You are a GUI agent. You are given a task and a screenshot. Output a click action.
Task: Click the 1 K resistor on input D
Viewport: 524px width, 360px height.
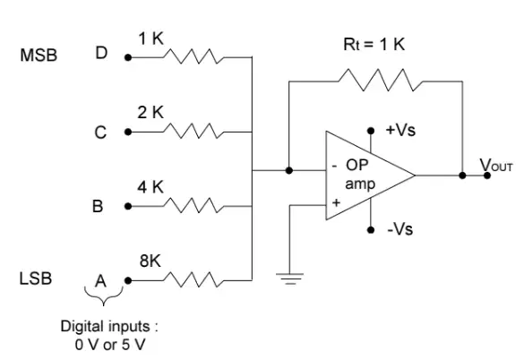(193, 56)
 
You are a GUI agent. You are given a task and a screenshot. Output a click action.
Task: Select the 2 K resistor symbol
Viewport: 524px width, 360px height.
(193, 131)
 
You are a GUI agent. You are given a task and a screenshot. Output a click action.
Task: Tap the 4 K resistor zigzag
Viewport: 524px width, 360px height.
(193, 205)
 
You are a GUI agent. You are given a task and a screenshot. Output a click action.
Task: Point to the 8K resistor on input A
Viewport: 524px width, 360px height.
(193, 279)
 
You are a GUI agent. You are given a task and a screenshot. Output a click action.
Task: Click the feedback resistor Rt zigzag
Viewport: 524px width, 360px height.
(381, 80)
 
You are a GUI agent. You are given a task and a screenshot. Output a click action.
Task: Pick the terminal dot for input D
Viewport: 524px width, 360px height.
(128, 57)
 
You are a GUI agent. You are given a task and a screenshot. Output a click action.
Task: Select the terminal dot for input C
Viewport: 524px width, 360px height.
(128, 132)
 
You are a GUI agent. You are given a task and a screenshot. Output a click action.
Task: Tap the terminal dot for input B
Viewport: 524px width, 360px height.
(128, 206)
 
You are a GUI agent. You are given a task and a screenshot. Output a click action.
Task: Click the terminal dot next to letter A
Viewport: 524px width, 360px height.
(128, 280)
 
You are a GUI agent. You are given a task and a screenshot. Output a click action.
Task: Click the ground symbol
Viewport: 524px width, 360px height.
(289, 279)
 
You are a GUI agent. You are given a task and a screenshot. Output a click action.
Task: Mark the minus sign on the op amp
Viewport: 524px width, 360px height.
(334, 167)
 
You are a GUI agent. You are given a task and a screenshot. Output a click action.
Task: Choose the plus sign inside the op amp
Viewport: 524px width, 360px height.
(336, 202)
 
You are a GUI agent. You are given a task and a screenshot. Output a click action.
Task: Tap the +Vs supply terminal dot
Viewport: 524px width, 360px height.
(371, 131)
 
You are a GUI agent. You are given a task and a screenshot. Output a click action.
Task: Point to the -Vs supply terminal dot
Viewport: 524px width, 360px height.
(371, 229)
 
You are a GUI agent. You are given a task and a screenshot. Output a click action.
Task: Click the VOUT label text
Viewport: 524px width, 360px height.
(496, 165)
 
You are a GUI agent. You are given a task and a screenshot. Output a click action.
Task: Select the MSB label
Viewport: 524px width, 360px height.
(39, 56)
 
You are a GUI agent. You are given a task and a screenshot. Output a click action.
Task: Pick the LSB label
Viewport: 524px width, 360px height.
(36, 279)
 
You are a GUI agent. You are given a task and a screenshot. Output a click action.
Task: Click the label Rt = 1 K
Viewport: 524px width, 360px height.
(374, 44)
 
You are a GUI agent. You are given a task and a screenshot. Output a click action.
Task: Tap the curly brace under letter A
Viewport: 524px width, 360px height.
(104, 296)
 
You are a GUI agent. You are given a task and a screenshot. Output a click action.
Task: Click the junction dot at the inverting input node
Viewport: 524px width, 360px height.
(289, 170)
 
